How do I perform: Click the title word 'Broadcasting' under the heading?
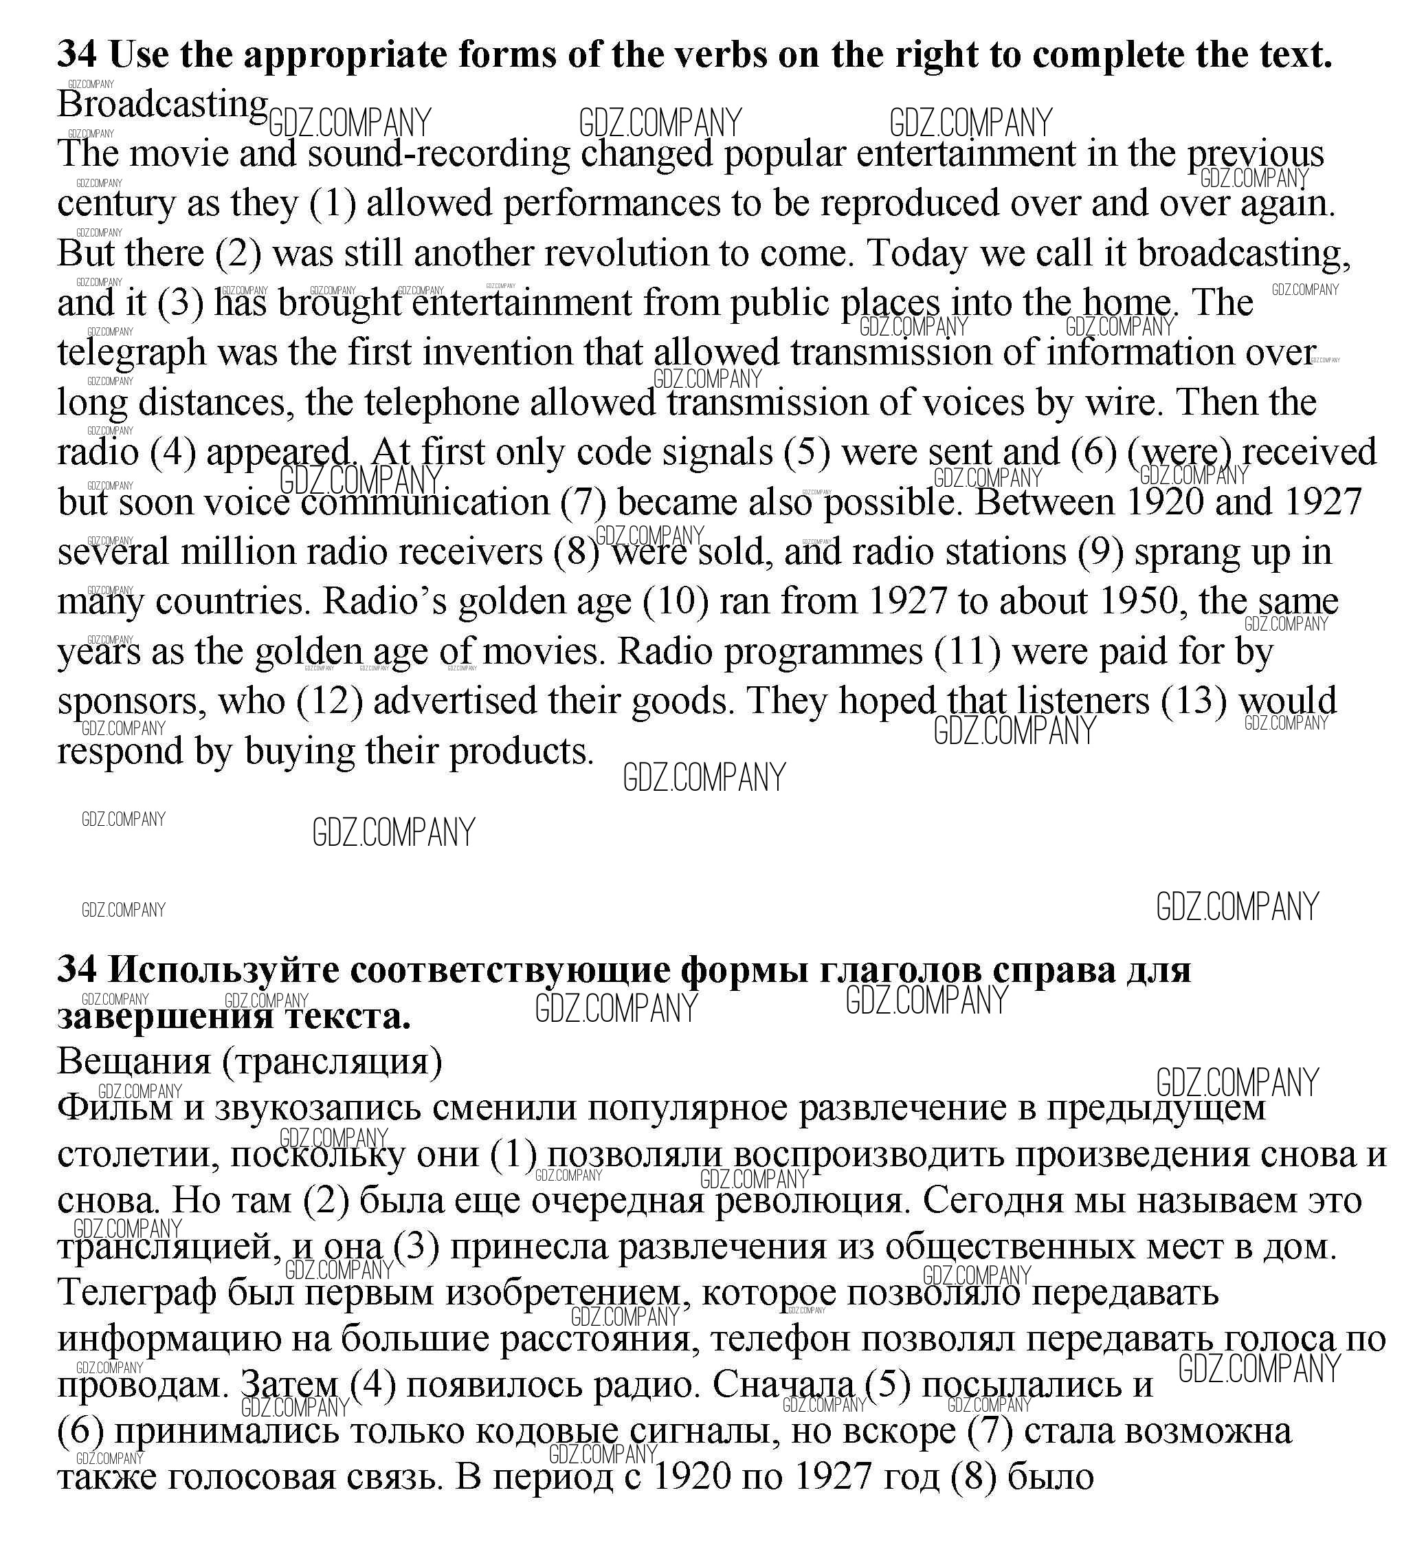[162, 105]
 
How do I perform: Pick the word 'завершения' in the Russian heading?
[166, 1017]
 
